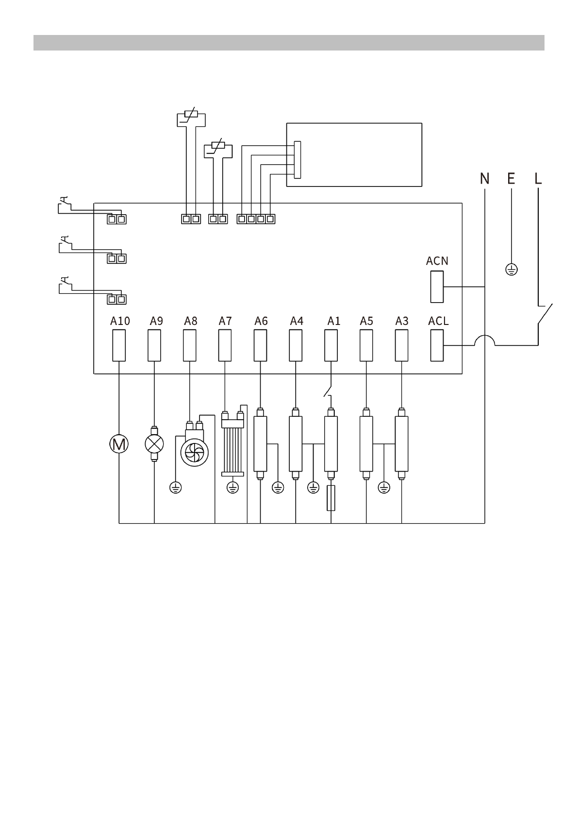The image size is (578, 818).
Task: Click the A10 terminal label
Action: pyautogui.click(x=120, y=321)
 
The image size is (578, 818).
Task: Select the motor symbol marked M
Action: pyautogui.click(x=119, y=444)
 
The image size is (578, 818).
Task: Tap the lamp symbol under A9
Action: pyautogui.click(x=154, y=444)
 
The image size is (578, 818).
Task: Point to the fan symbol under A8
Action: pyautogui.click(x=195, y=453)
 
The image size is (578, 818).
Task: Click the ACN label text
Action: pyautogui.click(x=437, y=261)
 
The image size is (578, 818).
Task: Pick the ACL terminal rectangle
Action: pyautogui.click(x=437, y=345)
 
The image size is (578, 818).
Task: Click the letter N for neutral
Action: pyautogui.click(x=485, y=179)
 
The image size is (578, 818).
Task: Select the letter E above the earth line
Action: pyautogui.click(x=511, y=179)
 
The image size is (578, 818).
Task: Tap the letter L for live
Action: pyautogui.click(x=538, y=179)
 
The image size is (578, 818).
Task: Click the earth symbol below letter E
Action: pyautogui.click(x=512, y=270)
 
